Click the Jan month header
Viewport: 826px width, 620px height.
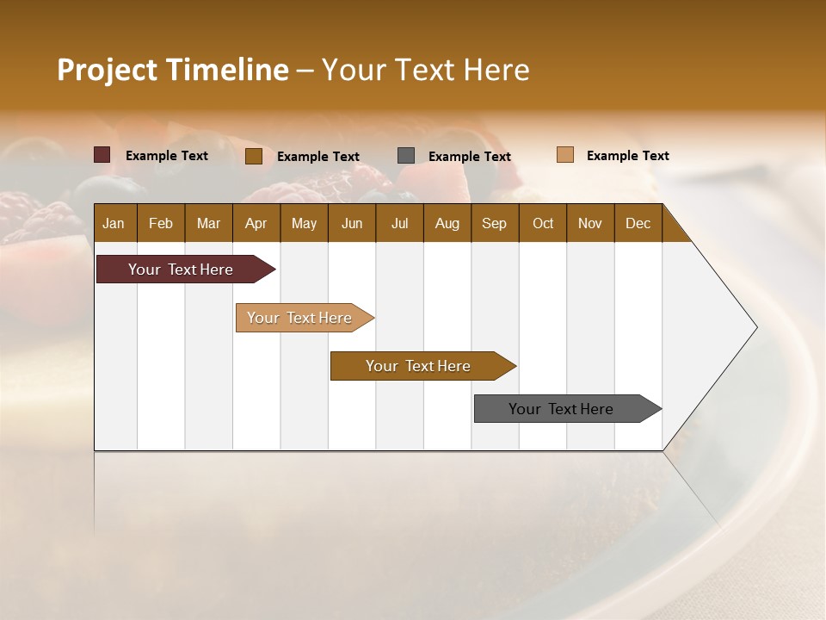(x=114, y=223)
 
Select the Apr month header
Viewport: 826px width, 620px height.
(x=256, y=223)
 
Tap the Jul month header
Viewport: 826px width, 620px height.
(x=399, y=223)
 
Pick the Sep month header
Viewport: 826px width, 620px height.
(x=494, y=223)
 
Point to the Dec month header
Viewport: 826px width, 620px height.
(x=638, y=223)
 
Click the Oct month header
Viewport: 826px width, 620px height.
(x=543, y=223)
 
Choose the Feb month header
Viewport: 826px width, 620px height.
(x=161, y=223)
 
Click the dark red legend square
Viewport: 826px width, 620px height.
(x=102, y=155)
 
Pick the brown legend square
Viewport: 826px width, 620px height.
(x=254, y=156)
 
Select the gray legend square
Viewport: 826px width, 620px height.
(x=406, y=155)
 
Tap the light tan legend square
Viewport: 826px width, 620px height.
(x=565, y=155)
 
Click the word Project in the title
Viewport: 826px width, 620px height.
(x=108, y=70)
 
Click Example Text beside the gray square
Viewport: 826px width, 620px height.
(x=469, y=156)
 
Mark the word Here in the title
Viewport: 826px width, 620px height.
(x=496, y=70)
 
